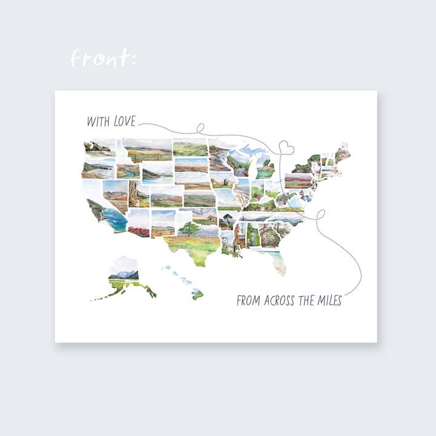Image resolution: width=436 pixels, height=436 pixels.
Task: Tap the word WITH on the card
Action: [x=97, y=121]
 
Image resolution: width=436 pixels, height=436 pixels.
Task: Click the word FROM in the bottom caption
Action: [x=249, y=300]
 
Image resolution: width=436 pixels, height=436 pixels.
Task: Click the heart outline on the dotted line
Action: [x=286, y=147]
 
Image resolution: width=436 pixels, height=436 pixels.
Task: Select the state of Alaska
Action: [x=124, y=279]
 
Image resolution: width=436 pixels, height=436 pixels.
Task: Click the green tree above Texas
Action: [x=189, y=228]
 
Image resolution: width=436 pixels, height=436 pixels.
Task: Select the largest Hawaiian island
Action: [x=197, y=294]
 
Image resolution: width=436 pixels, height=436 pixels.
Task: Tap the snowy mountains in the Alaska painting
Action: [x=124, y=274]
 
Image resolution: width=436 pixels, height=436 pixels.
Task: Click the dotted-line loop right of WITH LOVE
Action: [x=199, y=128]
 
